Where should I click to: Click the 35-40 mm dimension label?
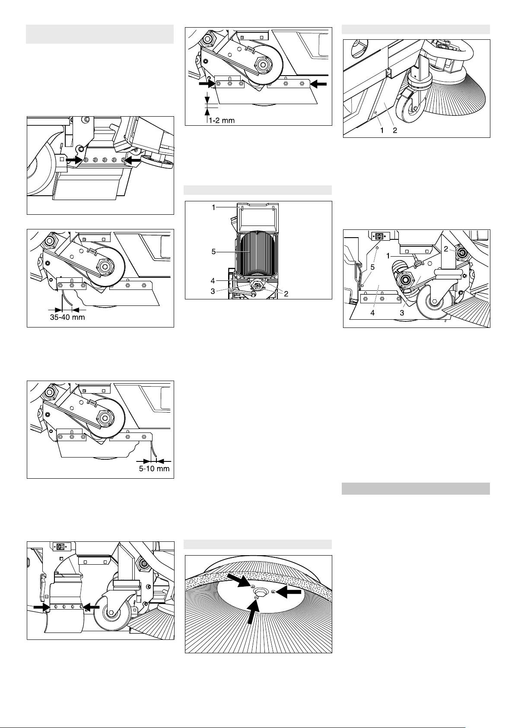pyautogui.click(x=67, y=317)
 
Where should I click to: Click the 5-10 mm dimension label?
pyautogui.click(x=154, y=469)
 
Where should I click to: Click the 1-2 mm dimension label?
pyautogui.click(x=222, y=120)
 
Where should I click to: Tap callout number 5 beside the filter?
pyautogui.click(x=213, y=252)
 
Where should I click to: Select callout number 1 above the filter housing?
pyautogui.click(x=213, y=207)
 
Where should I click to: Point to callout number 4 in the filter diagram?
pyautogui.click(x=213, y=280)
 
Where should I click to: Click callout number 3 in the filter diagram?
pyautogui.click(x=213, y=291)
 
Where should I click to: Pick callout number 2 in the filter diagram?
pyautogui.click(x=286, y=294)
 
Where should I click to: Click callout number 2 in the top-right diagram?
pyautogui.click(x=395, y=130)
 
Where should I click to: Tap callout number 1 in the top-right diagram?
pyautogui.click(x=382, y=130)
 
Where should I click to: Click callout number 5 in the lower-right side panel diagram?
pyautogui.click(x=373, y=267)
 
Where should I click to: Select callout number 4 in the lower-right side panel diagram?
pyautogui.click(x=373, y=313)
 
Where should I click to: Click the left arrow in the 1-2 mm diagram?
pyautogui.click(x=207, y=83)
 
